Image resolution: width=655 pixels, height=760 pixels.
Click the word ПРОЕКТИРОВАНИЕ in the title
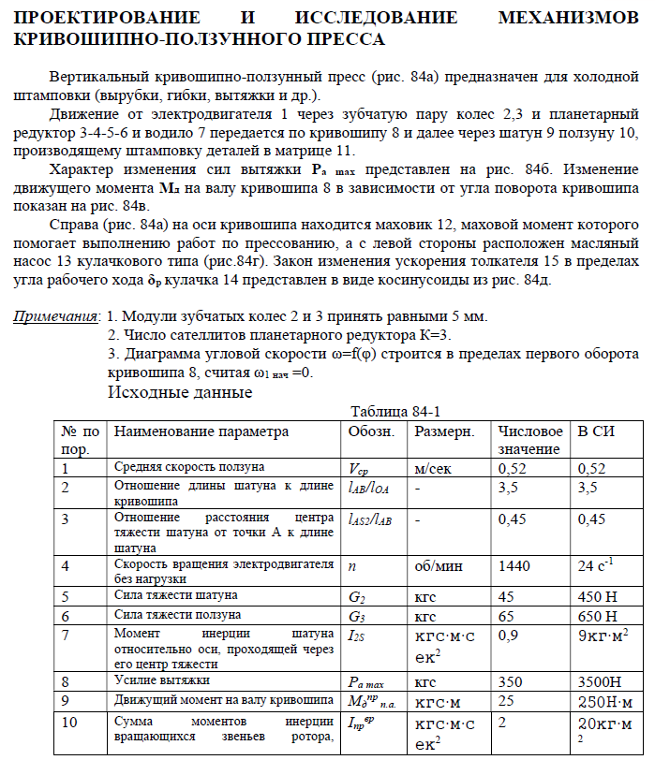pyautogui.click(x=108, y=17)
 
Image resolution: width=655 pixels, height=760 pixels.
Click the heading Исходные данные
pyautogui.click(x=180, y=392)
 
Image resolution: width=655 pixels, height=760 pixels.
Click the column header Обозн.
pyautogui.click(x=371, y=432)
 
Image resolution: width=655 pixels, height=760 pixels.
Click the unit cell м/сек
pyautogui.click(x=435, y=467)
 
